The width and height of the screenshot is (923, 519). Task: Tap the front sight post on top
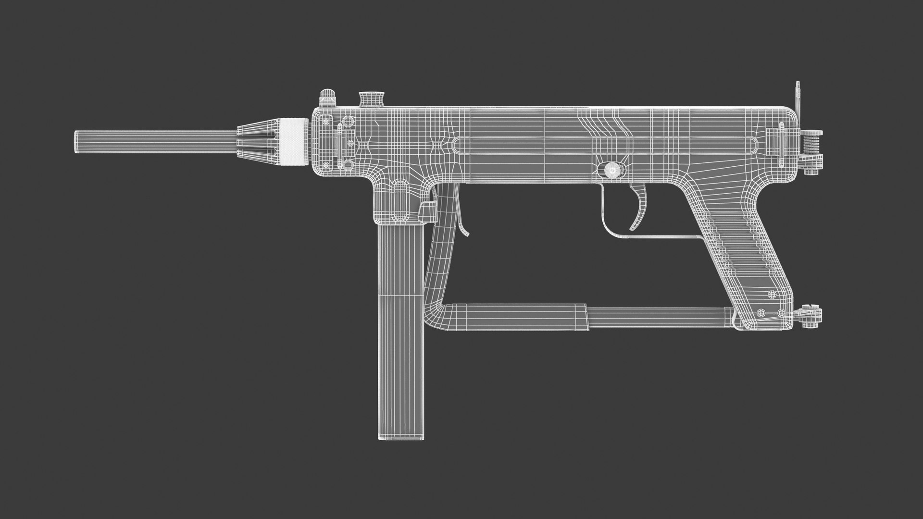pos(327,99)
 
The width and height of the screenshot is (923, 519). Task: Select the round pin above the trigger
pos(611,169)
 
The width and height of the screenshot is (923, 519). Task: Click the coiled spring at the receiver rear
pos(811,144)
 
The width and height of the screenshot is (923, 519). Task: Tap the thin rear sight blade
pos(798,96)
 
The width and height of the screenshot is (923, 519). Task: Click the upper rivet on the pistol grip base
pos(773,294)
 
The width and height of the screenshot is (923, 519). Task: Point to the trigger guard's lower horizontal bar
pos(663,237)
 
